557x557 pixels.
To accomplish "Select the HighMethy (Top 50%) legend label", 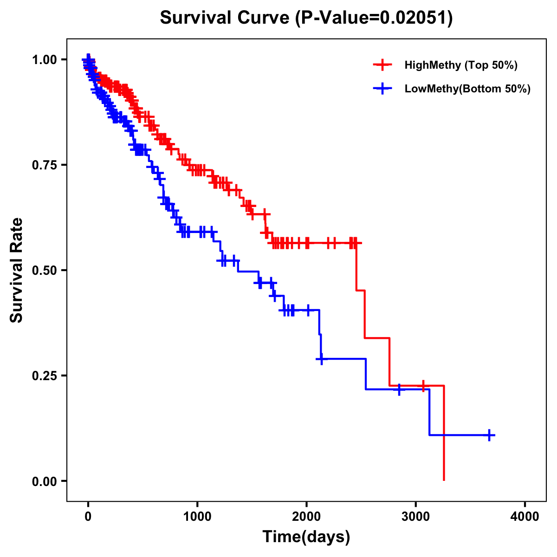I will coord(460,65).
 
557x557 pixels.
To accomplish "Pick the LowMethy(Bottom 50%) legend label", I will coord(467,89).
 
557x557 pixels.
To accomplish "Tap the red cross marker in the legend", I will coord(382,65).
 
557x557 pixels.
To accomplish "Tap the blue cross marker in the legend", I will coord(382,89).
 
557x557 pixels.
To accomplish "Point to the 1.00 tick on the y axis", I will coord(44,59).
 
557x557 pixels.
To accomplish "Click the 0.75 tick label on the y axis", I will coord(44,165).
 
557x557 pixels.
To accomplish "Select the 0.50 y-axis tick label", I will coord(44,270).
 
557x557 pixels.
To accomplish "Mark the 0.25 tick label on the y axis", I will coord(44,376).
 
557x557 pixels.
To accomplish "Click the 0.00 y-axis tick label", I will coord(44,481).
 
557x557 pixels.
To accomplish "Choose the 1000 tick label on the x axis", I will coord(197,517).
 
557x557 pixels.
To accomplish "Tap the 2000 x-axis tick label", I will coord(306,517).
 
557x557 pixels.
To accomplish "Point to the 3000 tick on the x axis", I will coord(416,517).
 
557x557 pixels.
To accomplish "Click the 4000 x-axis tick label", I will coord(525,517).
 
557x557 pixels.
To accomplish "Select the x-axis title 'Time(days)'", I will coord(306,537).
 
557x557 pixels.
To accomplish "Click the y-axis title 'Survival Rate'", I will coord(17,270).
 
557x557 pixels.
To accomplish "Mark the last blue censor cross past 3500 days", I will coord(489,435).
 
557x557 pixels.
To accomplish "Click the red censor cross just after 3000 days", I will coord(423,386).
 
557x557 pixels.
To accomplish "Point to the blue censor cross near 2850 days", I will coord(399,389).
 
